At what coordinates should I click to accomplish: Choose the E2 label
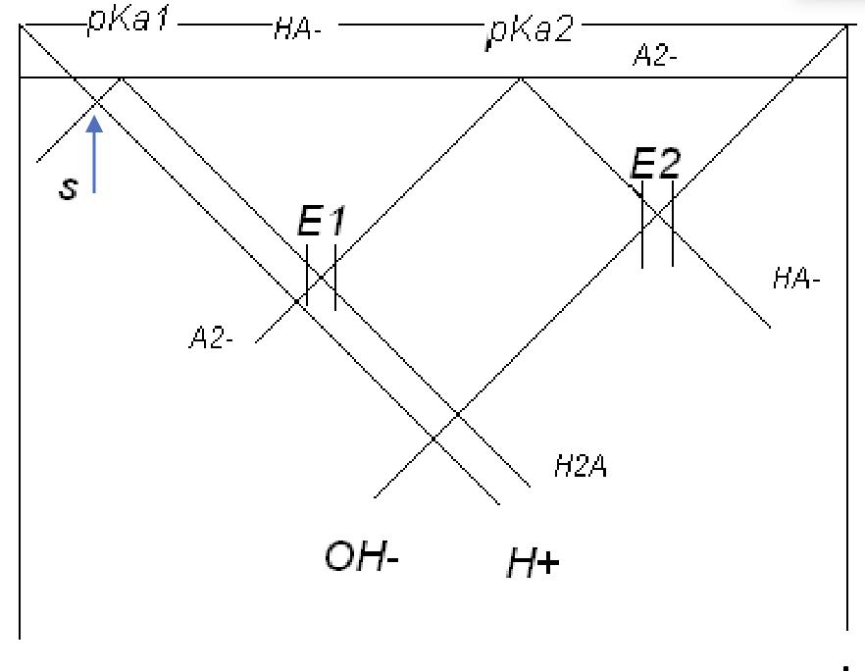coord(655,163)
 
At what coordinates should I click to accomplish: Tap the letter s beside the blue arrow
coord(68,187)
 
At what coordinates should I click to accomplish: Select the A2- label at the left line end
coord(211,340)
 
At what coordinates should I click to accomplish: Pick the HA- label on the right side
coord(796,280)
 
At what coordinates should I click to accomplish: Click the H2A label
coord(581,467)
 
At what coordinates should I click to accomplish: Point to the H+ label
coord(533,563)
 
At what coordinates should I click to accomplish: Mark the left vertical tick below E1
coord(307,277)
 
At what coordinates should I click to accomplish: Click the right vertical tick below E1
coord(334,277)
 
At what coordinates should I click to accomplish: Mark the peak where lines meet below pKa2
coord(520,78)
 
